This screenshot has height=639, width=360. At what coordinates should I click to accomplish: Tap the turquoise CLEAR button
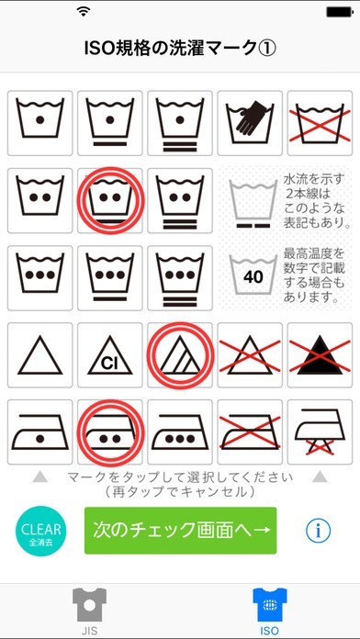point(40,531)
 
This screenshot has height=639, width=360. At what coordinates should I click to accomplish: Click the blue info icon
point(318,531)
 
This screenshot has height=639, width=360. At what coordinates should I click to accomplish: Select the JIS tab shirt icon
point(89,605)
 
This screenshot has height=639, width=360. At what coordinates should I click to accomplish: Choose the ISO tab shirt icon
point(270,605)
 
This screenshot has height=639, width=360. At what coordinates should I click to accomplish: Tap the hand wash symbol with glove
point(250,123)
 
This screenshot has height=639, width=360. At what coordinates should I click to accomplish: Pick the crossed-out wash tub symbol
point(320,123)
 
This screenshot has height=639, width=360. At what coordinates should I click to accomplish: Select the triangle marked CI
point(110,355)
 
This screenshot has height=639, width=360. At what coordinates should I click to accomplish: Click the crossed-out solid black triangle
point(320,355)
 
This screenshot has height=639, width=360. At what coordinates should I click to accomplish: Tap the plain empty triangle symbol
point(40,355)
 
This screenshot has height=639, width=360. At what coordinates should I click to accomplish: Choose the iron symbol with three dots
point(180,432)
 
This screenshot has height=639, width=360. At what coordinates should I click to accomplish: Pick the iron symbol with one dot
point(40,432)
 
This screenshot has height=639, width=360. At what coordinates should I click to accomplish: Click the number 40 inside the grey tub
point(253,277)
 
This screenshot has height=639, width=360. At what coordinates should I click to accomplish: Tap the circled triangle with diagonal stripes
point(180,355)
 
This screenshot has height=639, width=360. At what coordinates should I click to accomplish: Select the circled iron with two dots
point(110,432)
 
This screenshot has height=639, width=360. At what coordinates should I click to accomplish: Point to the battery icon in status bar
point(338,12)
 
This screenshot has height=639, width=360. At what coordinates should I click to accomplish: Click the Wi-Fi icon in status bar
point(84,12)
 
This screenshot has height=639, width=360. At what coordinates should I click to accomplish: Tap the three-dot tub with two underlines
point(180,278)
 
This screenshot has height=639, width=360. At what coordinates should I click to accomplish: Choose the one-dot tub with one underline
point(110,123)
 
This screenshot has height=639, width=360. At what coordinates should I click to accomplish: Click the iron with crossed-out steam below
point(320,432)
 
